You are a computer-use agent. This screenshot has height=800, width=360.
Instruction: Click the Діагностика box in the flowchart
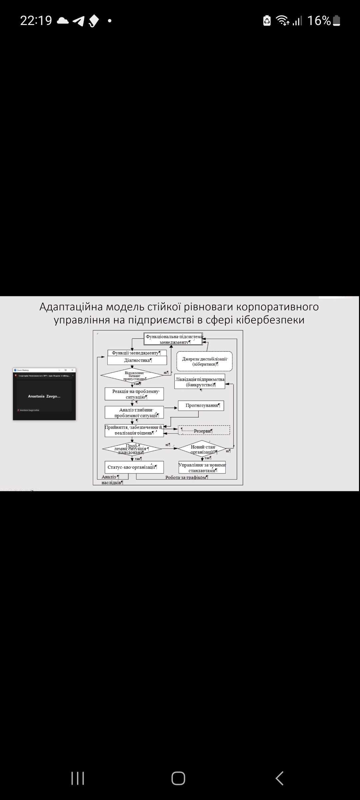click(137, 360)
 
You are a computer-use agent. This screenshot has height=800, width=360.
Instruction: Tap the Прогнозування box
click(201, 405)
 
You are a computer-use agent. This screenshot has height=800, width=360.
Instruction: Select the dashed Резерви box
click(204, 430)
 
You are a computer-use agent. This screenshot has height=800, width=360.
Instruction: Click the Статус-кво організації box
click(134, 467)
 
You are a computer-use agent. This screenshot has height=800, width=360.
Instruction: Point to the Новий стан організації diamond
click(202, 449)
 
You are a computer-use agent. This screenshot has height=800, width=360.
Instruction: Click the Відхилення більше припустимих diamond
click(132, 375)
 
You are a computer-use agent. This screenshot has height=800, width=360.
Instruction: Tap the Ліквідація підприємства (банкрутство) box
click(200, 382)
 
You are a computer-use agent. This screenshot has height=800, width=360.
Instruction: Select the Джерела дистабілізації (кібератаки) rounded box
click(204, 361)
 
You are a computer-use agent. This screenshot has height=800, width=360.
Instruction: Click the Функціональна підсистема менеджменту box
click(173, 339)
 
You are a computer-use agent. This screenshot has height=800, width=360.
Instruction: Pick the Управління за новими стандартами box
click(202, 467)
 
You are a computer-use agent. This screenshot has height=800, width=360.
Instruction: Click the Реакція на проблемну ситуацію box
click(134, 394)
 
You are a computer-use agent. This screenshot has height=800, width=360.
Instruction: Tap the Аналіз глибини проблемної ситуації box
click(134, 412)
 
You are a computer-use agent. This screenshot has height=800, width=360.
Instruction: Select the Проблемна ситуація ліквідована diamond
click(132, 449)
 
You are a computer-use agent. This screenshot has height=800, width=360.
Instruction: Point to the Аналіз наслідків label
click(112, 480)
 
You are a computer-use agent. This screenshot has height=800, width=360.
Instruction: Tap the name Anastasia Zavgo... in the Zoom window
click(44, 396)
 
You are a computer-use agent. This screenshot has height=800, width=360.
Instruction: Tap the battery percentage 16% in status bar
click(319, 21)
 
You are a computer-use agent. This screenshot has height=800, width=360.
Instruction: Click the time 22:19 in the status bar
click(36, 21)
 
